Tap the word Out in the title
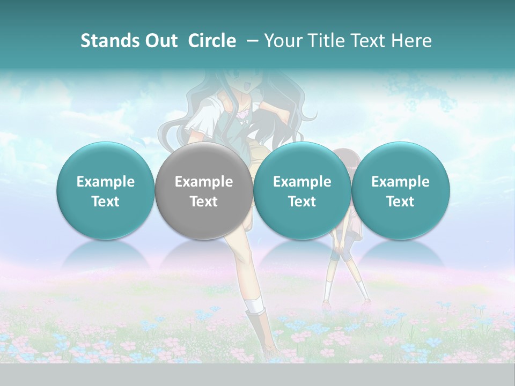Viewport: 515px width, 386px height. pyautogui.click(x=160, y=41)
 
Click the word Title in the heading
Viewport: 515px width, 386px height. pyautogui.click(x=328, y=41)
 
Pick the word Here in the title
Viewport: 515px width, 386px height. pyautogui.click(x=411, y=41)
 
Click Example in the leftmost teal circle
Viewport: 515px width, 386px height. pyautogui.click(x=106, y=182)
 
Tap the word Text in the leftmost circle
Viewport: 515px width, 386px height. pyautogui.click(x=106, y=202)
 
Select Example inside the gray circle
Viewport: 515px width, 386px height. pyautogui.click(x=204, y=182)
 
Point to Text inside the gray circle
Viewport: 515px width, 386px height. pyautogui.click(x=204, y=202)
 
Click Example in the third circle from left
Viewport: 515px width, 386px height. pyautogui.click(x=302, y=182)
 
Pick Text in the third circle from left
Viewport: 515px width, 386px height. pyautogui.click(x=302, y=202)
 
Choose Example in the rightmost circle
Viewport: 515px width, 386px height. pyautogui.click(x=400, y=182)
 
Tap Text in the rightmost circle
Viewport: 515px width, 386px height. pyautogui.click(x=400, y=202)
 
